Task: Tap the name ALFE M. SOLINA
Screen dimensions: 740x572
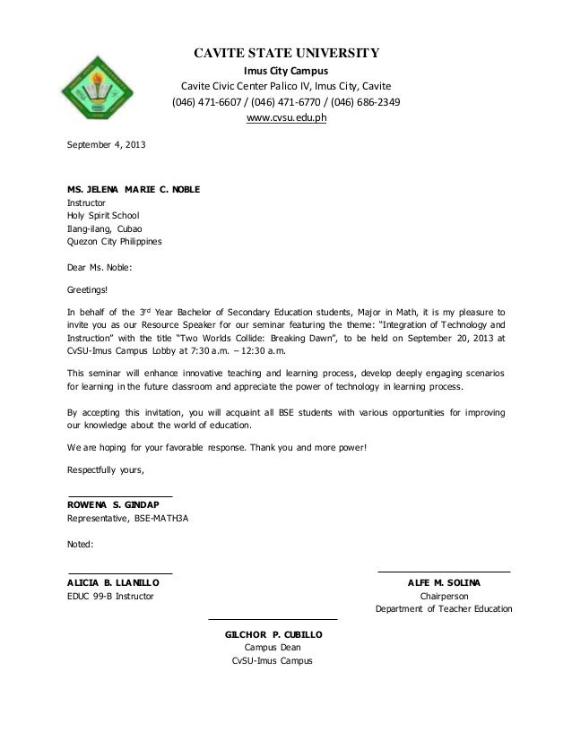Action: click(444, 582)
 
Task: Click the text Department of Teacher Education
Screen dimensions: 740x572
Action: click(444, 609)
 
